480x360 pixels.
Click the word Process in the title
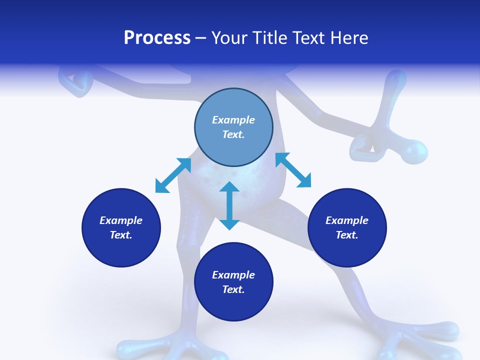[x=157, y=37]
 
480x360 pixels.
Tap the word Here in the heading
[x=349, y=37]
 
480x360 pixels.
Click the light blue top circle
[x=233, y=127]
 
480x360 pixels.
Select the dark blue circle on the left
[x=121, y=228]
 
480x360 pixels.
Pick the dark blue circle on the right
[x=347, y=228]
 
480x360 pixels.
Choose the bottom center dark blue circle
[x=233, y=282]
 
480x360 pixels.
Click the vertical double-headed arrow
[x=229, y=205]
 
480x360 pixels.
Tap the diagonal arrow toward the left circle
[x=173, y=175]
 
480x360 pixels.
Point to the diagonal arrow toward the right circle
[x=293, y=170]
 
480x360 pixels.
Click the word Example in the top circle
[x=233, y=120]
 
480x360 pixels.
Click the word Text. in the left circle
[x=121, y=235]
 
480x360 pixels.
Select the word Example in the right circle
[x=347, y=220]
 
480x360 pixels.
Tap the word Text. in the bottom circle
[x=233, y=289]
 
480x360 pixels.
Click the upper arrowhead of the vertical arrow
[x=229, y=186]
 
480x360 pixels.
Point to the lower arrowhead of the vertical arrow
[x=229, y=225]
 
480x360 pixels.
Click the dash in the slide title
[x=201, y=39]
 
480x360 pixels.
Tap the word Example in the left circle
[x=121, y=220]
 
